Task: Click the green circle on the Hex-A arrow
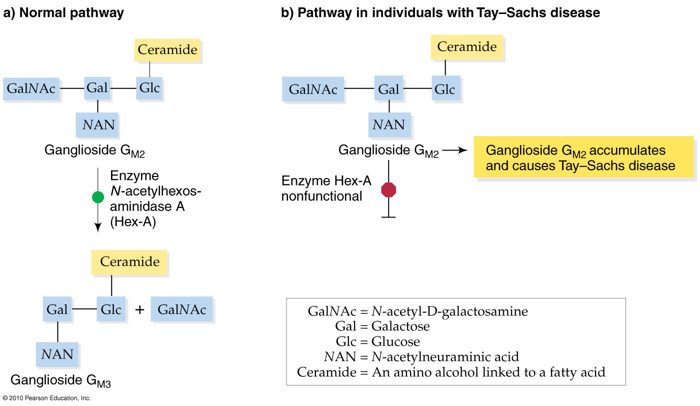(x=98, y=197)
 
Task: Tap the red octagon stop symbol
(x=388, y=190)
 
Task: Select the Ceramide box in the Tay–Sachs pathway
(x=466, y=47)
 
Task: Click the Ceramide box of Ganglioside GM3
(x=129, y=261)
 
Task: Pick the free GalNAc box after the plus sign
(x=181, y=309)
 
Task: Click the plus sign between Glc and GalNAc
(x=140, y=310)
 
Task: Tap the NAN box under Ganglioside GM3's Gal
(x=57, y=354)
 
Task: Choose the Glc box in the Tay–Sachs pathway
(x=444, y=89)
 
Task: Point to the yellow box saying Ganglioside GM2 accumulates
(x=582, y=157)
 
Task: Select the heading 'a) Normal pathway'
(x=63, y=13)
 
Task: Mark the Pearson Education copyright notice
(x=46, y=398)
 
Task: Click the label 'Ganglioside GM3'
(x=60, y=381)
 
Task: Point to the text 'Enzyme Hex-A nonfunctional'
(x=326, y=188)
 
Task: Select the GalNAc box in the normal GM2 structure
(x=31, y=89)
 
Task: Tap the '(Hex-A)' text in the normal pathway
(x=133, y=220)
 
